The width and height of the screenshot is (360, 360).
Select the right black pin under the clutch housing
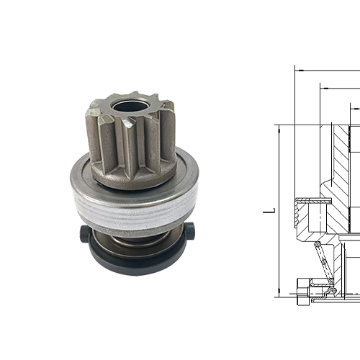pyautogui.click(x=195, y=232)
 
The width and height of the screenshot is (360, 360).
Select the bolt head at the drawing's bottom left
pyautogui.click(x=302, y=292)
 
